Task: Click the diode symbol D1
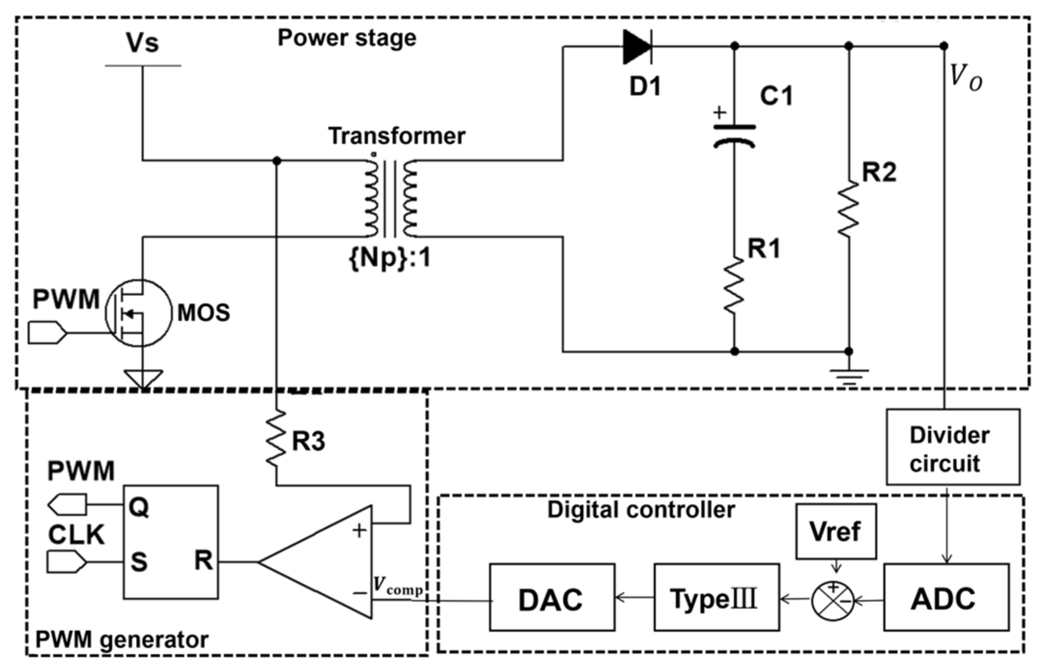pos(637,46)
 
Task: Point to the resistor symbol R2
pos(848,209)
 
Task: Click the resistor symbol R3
pos(276,438)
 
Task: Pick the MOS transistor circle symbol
pos(139,313)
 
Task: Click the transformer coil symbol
pos(390,198)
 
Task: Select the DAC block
pos(552,598)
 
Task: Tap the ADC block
pos(946,598)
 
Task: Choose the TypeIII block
pos(716,598)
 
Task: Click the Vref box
pos(835,531)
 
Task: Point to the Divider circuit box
pos(952,447)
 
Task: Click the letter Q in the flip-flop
pos(139,507)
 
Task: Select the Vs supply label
pos(142,42)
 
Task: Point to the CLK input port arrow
pos(67,562)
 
